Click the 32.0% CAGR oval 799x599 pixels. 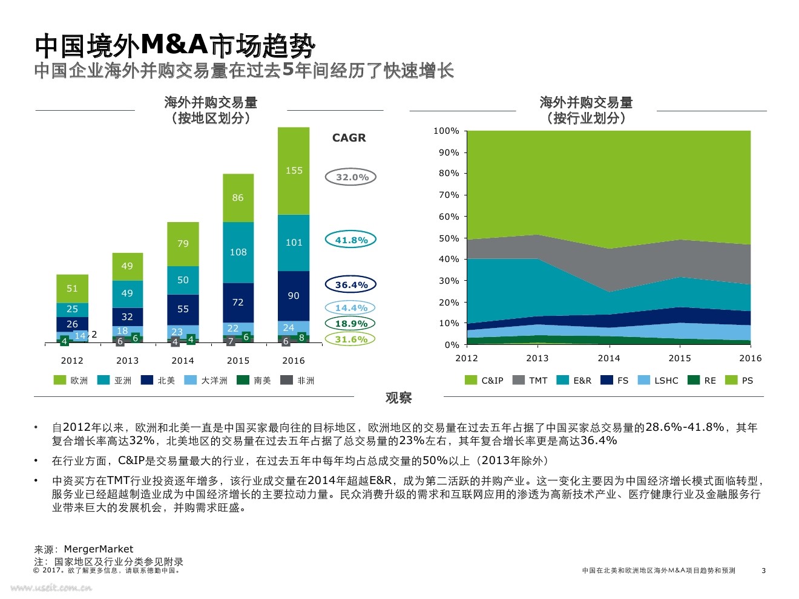[351, 177]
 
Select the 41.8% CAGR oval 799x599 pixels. [351, 240]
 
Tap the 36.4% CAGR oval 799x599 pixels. [351, 285]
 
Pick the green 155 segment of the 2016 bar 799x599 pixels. [294, 171]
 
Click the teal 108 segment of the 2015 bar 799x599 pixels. [238, 252]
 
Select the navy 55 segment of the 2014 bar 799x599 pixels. [183, 309]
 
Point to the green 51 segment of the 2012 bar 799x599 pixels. [72, 289]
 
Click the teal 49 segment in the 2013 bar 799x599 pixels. [127, 293]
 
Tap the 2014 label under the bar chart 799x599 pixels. [183, 361]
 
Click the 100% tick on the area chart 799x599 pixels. [446, 131]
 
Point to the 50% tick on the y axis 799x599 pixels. [449, 238]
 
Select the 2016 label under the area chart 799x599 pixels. [750, 358]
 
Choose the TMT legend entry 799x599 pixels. [530, 381]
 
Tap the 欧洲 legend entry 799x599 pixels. [71, 381]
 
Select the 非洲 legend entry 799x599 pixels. [298, 381]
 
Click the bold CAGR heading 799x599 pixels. [349, 138]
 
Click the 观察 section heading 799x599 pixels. [399, 398]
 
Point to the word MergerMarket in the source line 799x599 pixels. [98, 549]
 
